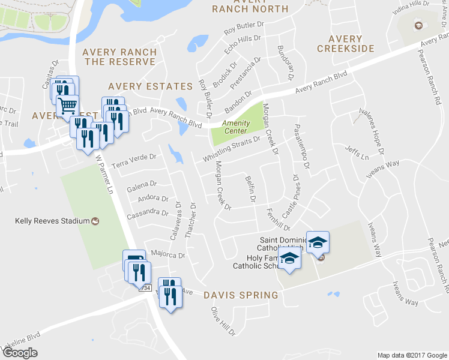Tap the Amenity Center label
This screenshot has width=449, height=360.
point(236,127)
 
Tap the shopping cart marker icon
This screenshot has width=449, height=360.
point(67,106)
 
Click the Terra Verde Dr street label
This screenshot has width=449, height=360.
point(136,156)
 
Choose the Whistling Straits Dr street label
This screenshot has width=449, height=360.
point(231,148)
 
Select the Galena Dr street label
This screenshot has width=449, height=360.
point(142,185)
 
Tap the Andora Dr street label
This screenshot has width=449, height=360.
point(152,198)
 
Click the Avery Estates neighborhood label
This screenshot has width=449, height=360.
point(150,86)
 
